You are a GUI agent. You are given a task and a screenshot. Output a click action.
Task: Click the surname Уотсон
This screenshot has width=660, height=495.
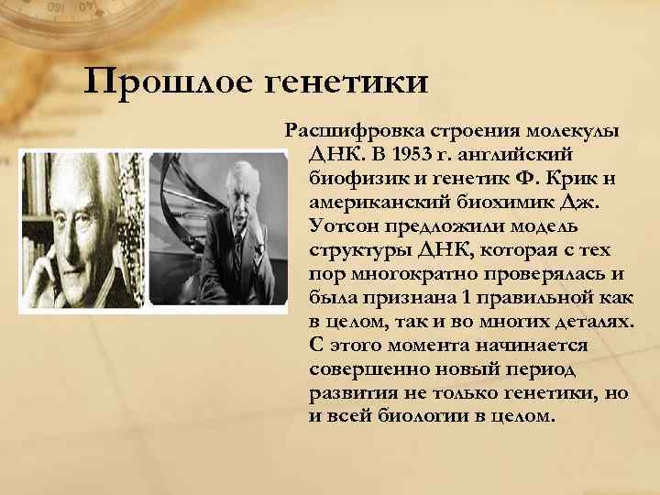click(x=350, y=225)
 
